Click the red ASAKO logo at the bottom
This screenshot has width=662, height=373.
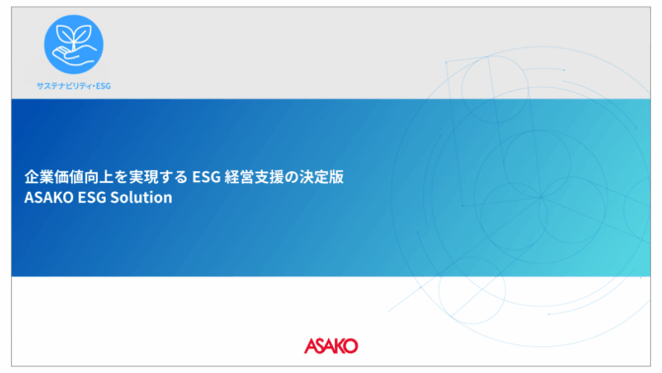tap(331, 346)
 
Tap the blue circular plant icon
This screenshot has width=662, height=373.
tap(73, 45)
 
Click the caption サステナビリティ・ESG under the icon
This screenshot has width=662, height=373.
tap(73, 86)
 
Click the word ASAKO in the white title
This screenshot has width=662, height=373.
tap(49, 198)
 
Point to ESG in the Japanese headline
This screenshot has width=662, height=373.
tap(207, 177)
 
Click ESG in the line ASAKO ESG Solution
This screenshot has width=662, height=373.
tap(92, 198)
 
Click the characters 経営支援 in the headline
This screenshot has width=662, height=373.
tap(254, 177)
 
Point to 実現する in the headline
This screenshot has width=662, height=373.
tap(158, 177)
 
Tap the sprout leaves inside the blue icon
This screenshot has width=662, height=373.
tap(74, 36)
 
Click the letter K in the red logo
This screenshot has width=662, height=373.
tap(335, 346)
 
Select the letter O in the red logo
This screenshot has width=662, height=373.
tap(350, 346)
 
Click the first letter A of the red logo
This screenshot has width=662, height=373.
tap(310, 346)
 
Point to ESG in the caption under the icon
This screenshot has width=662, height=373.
tap(104, 86)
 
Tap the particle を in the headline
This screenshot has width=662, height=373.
tap(122, 177)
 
